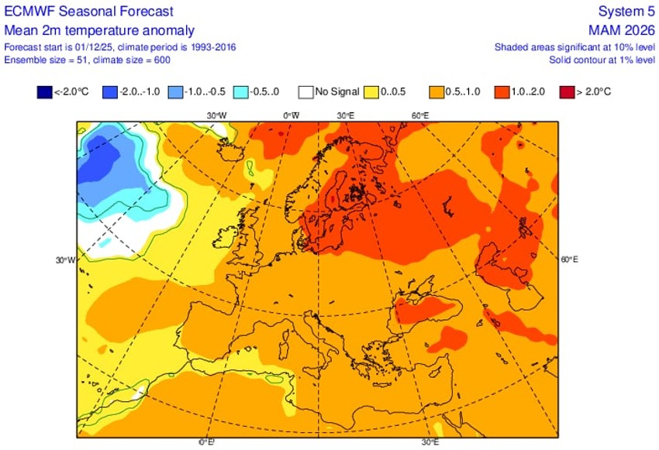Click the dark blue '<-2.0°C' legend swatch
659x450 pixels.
coord(44,91)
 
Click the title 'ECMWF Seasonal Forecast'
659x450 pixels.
coord(89,12)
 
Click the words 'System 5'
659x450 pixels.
coord(626,12)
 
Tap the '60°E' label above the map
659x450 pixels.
coord(420,115)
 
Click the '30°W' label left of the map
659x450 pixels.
coord(65,260)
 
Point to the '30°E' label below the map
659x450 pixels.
coord(431,442)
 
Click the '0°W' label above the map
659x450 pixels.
coord(291,115)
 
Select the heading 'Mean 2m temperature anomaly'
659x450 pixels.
coord(99,30)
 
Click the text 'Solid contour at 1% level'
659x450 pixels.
coord(602,59)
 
